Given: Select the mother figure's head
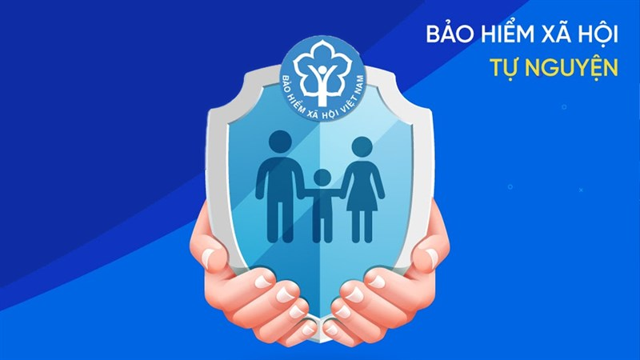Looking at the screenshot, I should (362, 147).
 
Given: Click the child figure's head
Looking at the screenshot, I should (322, 178).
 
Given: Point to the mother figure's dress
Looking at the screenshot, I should (362, 192).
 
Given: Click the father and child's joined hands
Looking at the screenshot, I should (302, 199).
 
